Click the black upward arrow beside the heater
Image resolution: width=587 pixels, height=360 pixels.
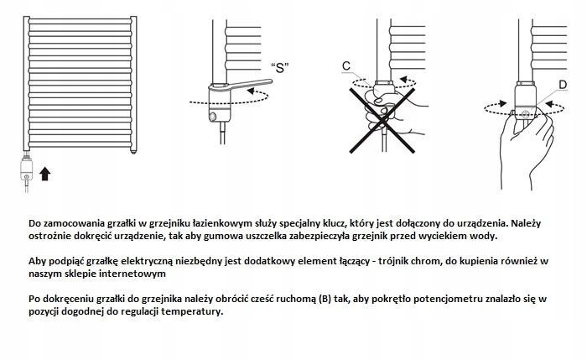[x=44, y=174]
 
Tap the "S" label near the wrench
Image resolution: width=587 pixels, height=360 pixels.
[x=281, y=67]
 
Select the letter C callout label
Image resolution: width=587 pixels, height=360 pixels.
[x=346, y=66]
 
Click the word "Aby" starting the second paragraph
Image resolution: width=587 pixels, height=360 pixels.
[x=38, y=261]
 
